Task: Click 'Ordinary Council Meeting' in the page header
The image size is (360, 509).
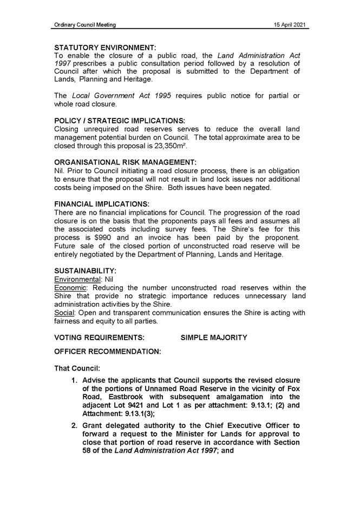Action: (85, 25)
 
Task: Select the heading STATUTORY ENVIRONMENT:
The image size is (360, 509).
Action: (105, 48)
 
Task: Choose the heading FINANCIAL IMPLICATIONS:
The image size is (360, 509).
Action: (102, 204)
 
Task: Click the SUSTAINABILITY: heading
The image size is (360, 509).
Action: (86, 270)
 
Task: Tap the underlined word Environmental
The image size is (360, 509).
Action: (78, 279)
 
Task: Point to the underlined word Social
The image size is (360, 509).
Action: (64, 313)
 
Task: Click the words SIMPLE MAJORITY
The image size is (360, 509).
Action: (214, 338)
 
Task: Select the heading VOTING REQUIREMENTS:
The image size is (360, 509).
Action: (100, 338)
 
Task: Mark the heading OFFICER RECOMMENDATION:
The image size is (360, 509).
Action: (108, 352)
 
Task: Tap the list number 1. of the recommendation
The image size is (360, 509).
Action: (75, 381)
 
